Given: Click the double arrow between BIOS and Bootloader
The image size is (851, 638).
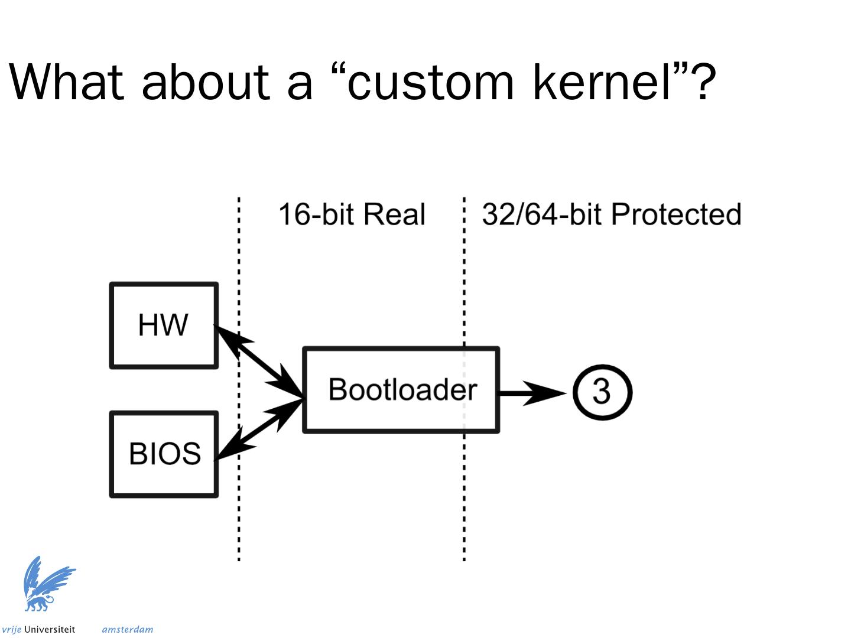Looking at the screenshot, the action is coord(260,429).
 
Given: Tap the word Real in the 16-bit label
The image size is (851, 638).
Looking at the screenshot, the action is coord(394,214).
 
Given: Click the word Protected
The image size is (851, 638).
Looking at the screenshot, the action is coord(676,214).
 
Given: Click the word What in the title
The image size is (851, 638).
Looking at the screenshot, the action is coord(66,82).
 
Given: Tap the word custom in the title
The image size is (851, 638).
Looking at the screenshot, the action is coord(430,83).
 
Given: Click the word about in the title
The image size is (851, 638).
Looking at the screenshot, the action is coord(206,82).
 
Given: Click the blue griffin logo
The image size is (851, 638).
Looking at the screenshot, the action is coord(48,584).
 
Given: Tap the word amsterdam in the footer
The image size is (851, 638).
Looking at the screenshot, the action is coord(128,630).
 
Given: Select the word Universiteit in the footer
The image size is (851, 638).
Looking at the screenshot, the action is coord(50,629).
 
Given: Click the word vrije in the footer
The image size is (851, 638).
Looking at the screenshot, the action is coord(11,630).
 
